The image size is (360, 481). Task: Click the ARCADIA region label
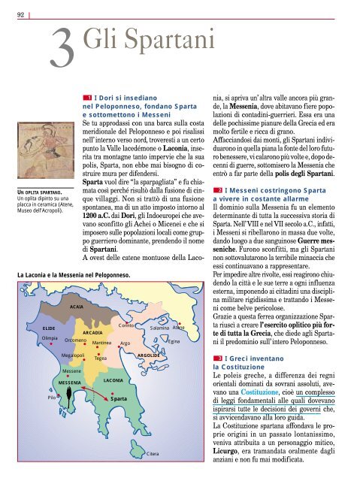click(x=92, y=331)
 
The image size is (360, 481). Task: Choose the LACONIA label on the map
click(x=113, y=381)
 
